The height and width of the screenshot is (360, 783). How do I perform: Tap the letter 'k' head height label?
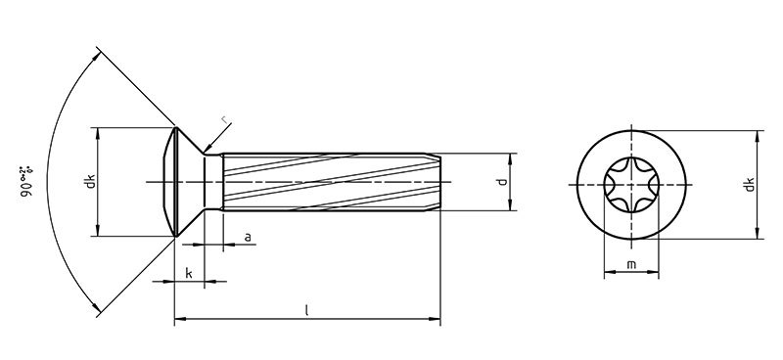188,273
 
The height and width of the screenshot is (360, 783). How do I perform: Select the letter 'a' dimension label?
247,237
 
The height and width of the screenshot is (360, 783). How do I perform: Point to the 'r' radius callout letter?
226,120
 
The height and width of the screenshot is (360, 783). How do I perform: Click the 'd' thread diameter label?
500,182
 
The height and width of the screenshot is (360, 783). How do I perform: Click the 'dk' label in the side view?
89,182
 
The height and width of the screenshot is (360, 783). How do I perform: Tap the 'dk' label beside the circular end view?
748,182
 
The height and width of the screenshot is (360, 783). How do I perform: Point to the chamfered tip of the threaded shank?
437,182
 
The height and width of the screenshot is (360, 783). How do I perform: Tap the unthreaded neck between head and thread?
214,182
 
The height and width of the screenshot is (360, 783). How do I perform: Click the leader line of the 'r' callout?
215,138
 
